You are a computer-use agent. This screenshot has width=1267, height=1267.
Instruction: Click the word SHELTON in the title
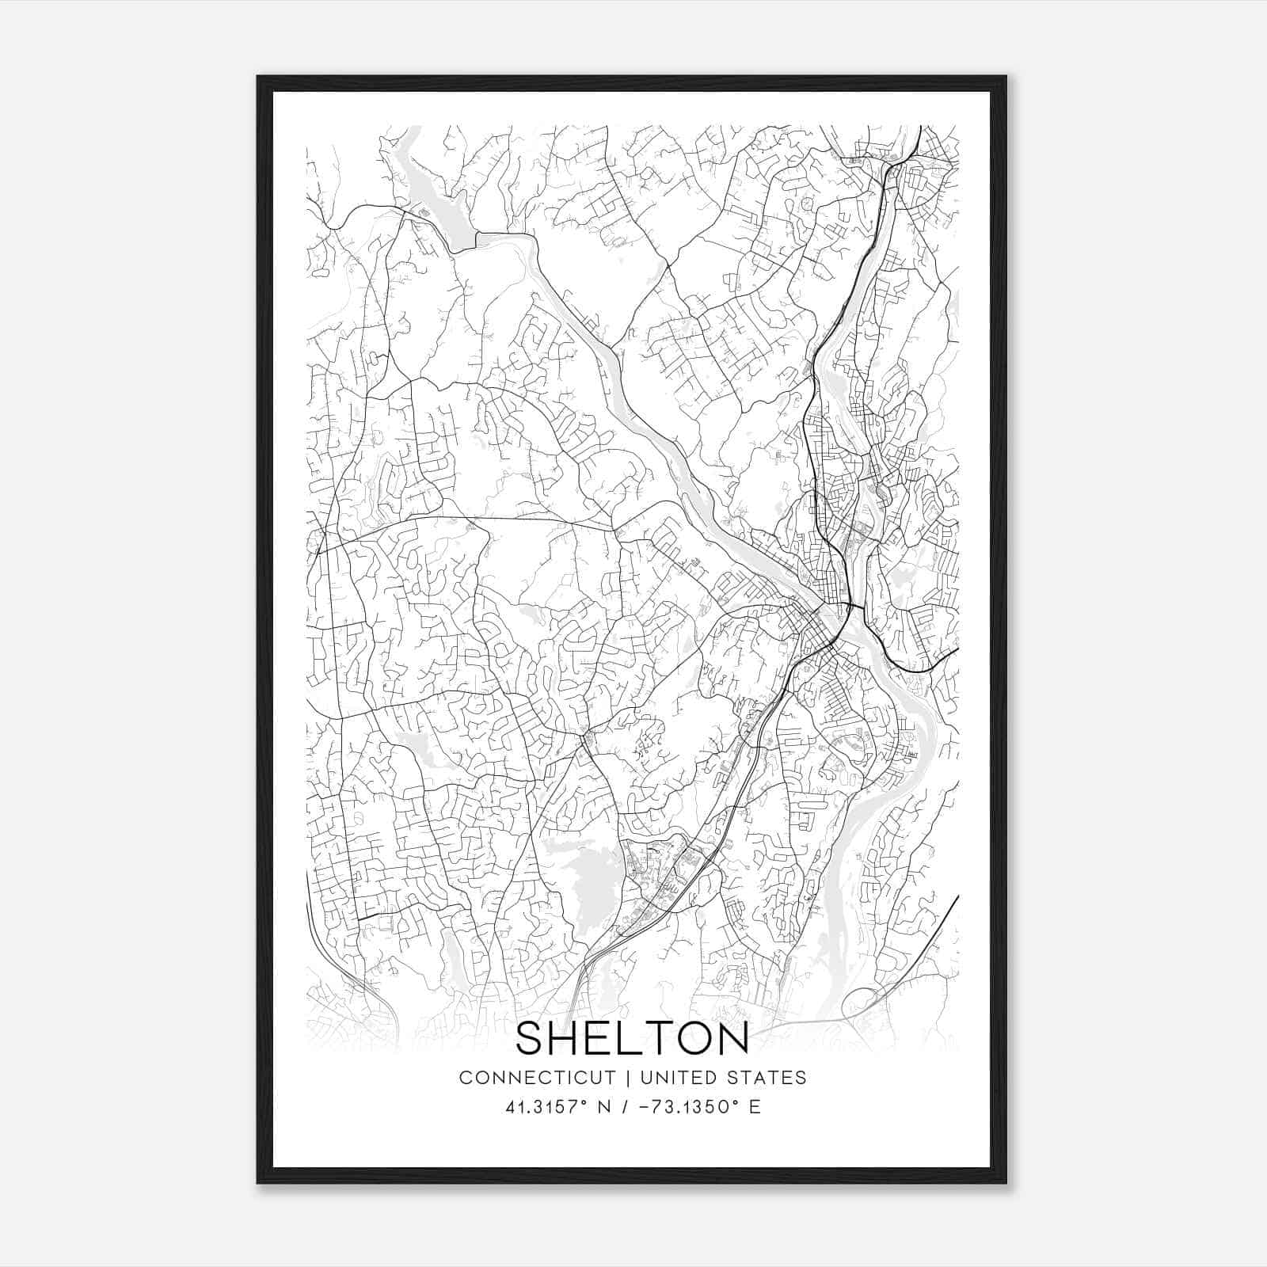[x=632, y=1039]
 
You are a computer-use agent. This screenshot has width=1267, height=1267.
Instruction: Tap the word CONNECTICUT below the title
[x=537, y=1077]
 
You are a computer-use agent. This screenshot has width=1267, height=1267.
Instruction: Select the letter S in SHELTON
[x=531, y=1039]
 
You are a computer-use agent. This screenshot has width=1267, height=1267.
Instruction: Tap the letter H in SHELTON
[x=568, y=1039]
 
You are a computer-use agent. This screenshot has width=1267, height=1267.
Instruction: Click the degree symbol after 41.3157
[x=585, y=1101]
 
